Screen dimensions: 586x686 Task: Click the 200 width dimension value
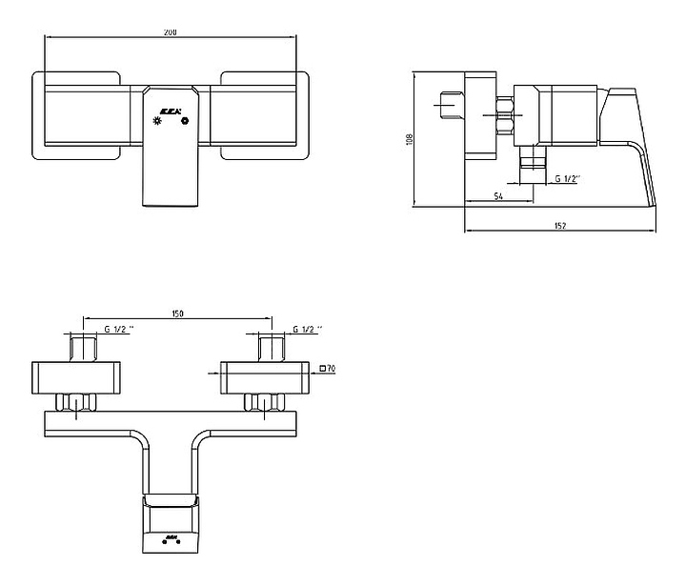[171, 32]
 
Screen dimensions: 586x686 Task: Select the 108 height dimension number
[410, 138]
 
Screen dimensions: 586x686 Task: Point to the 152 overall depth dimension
[560, 225]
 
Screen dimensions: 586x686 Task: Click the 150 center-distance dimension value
[177, 313]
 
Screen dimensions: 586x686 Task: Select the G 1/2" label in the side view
[569, 178]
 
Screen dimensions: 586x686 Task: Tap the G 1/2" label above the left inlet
[119, 329]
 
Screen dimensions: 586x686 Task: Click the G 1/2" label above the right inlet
[308, 329]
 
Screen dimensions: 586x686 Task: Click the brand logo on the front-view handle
[172, 110]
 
